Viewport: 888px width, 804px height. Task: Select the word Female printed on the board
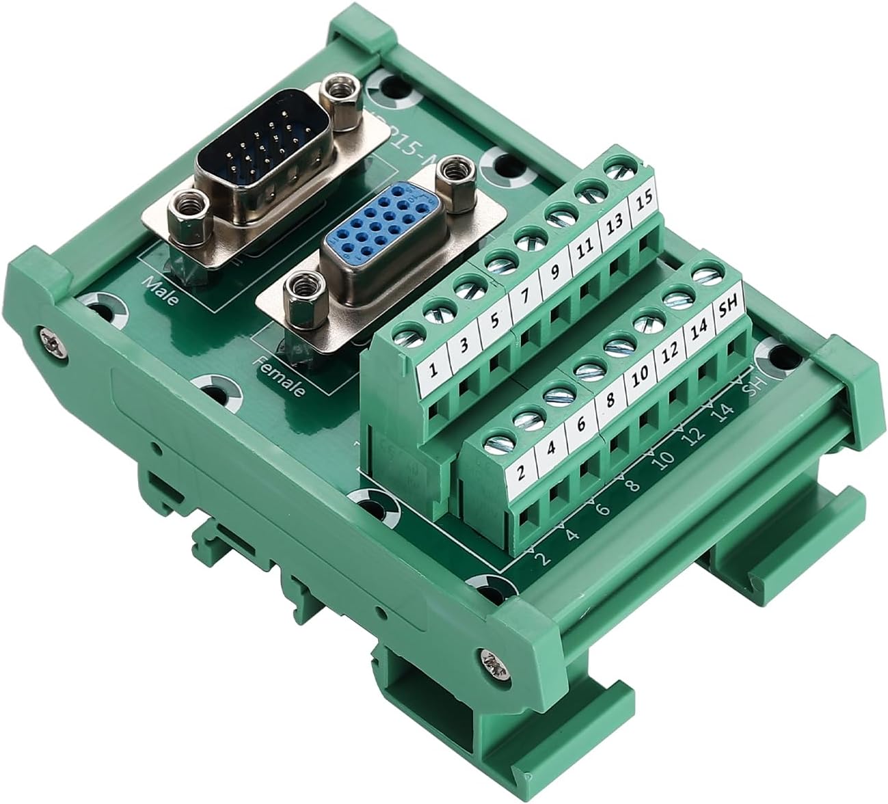tap(280, 376)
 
